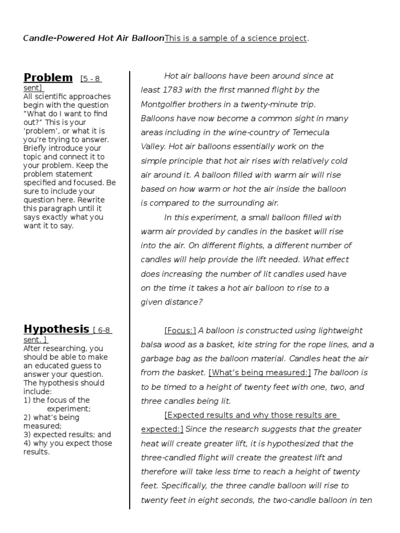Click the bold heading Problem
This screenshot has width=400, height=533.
(x=48, y=78)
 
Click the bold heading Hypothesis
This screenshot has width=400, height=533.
(x=56, y=329)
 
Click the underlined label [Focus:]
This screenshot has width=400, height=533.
(x=180, y=331)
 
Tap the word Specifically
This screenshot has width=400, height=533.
(x=183, y=486)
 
